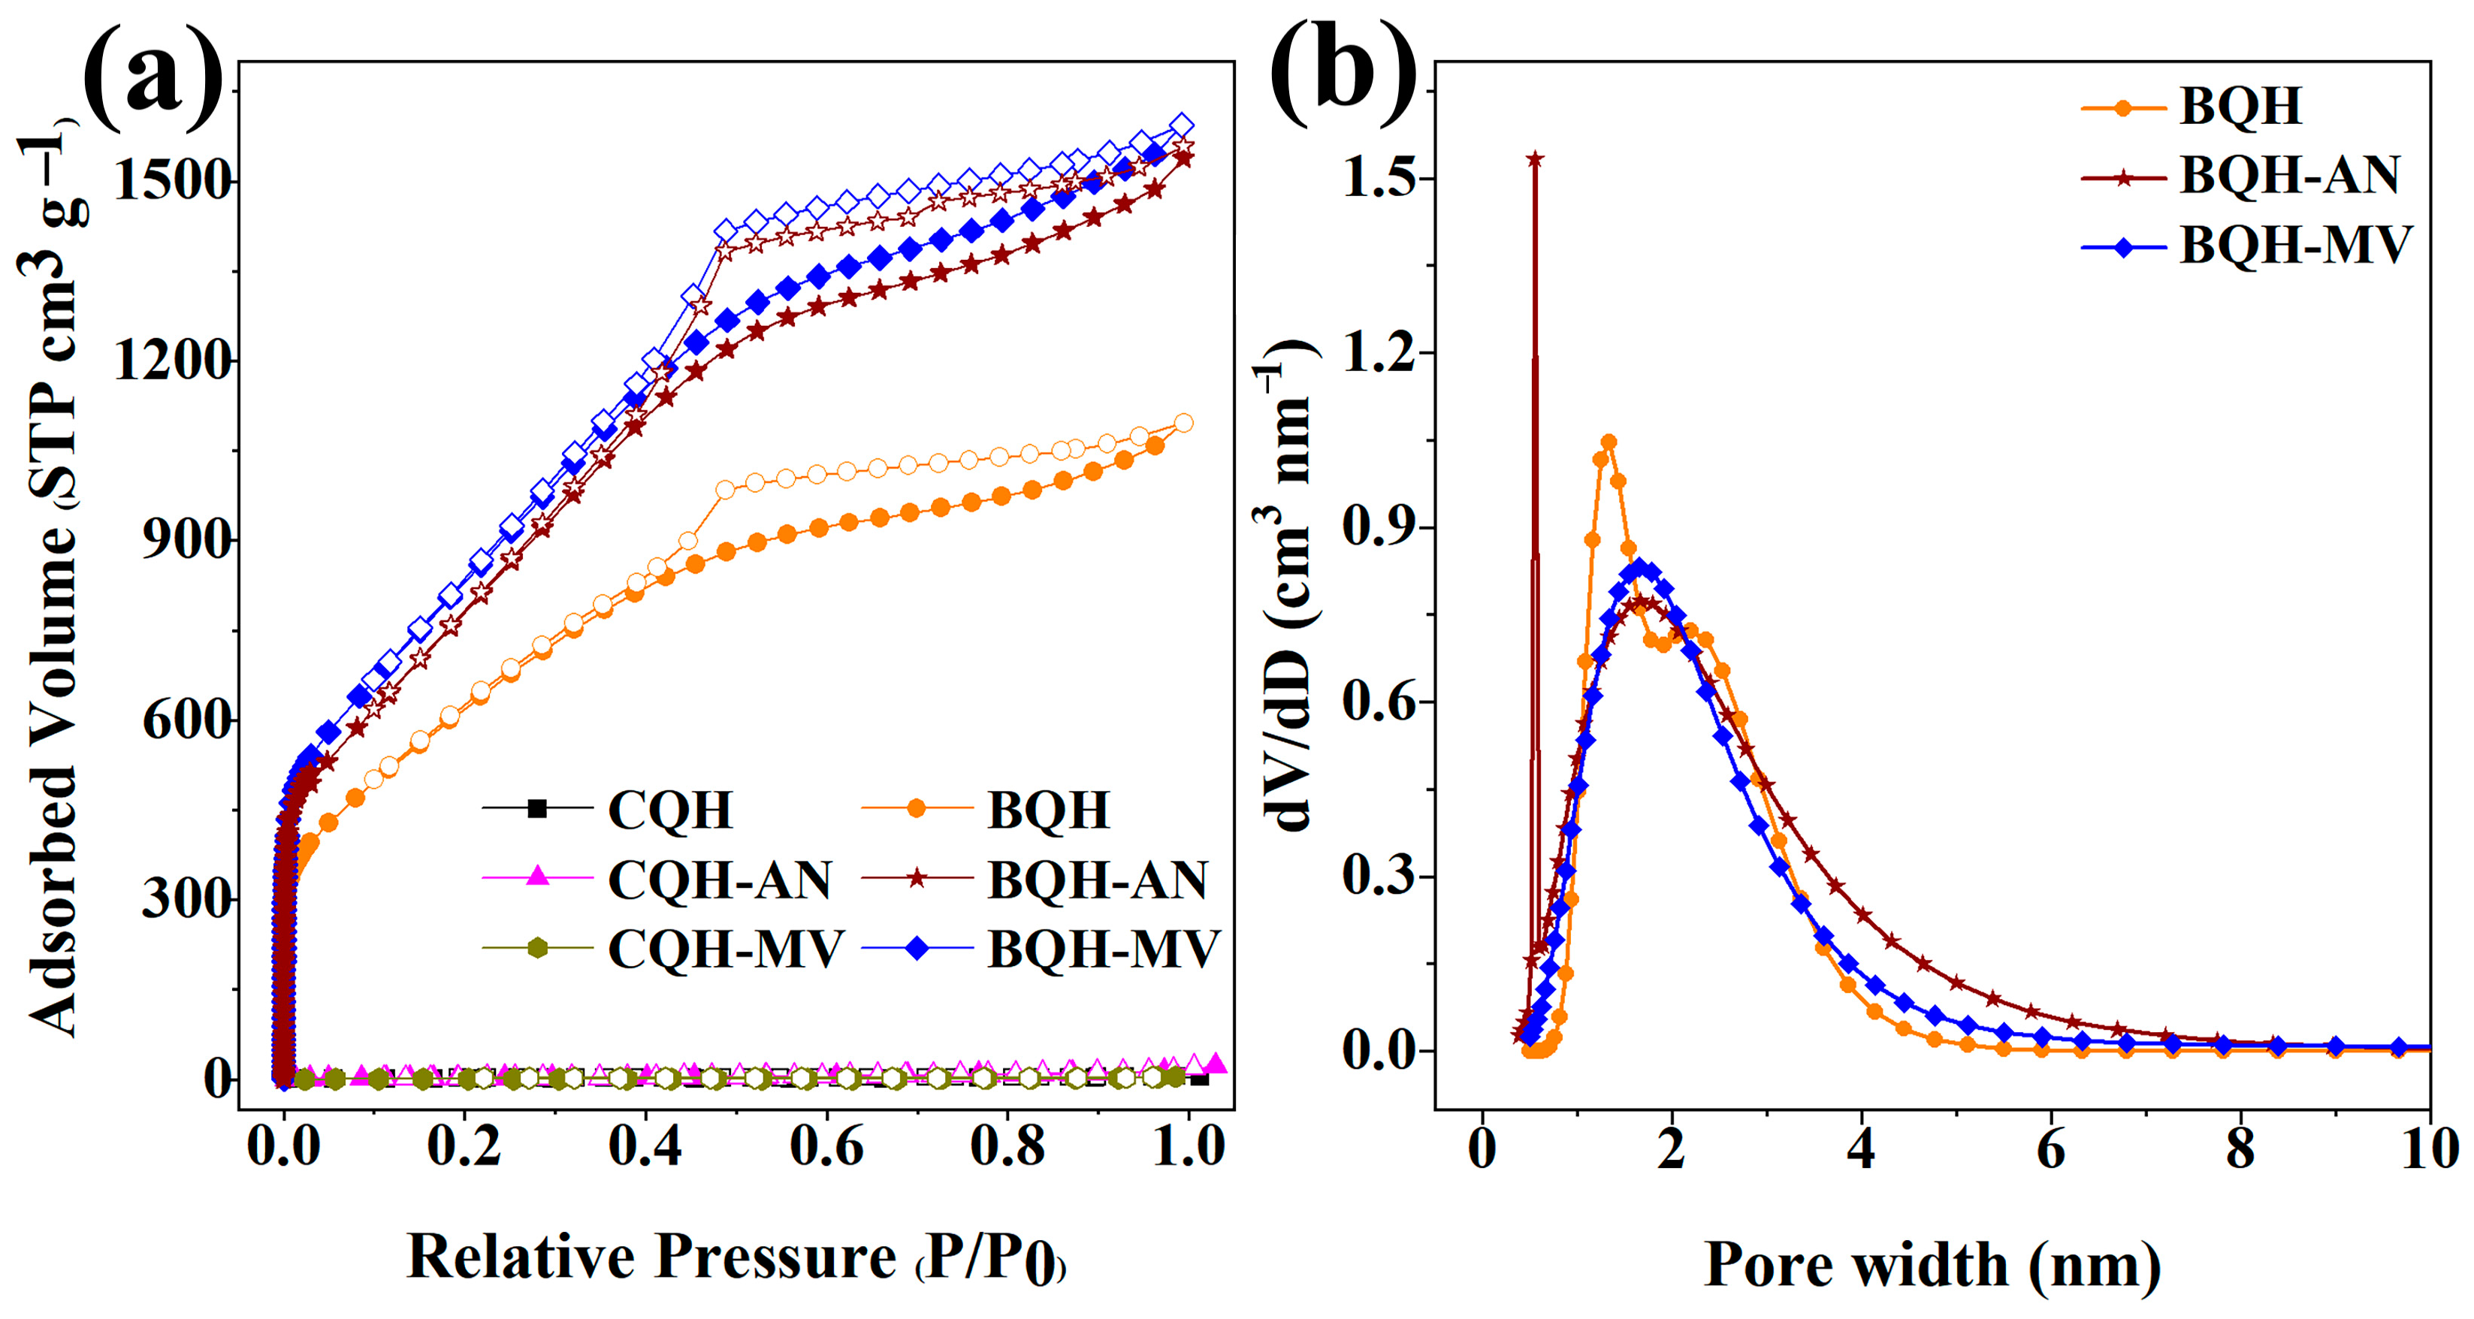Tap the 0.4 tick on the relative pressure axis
(x=645, y=1146)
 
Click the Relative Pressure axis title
(x=736, y=1257)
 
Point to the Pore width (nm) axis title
(x=1932, y=1265)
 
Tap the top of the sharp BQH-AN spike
(x=1535, y=159)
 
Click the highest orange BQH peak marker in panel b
(x=1609, y=442)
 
